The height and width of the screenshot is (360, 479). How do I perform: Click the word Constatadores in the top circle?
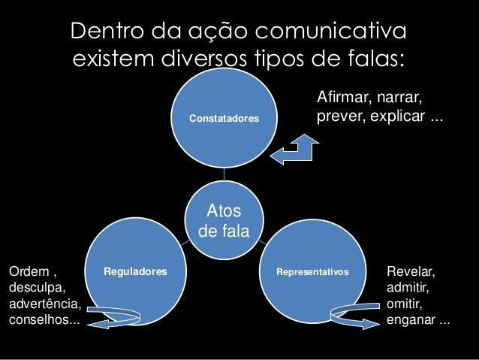[224, 119]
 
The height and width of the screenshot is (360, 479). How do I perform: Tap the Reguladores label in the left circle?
[135, 269]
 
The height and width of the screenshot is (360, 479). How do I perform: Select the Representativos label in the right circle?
[312, 269]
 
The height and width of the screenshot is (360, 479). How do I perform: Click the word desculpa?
[36, 287]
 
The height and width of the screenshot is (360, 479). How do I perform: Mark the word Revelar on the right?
[410, 269]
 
